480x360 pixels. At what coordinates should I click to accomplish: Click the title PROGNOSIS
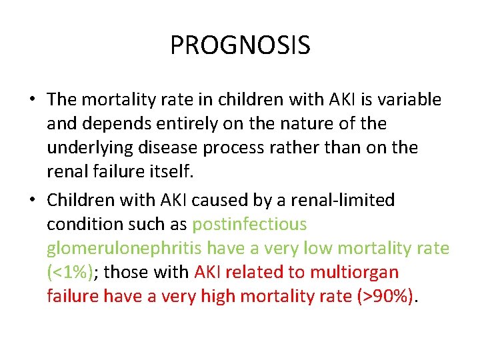coord(240,45)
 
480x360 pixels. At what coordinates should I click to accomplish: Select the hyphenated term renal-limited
coord(345,199)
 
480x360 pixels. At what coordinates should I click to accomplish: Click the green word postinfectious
coord(249,224)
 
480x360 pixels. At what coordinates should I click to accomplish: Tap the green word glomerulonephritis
coord(124,249)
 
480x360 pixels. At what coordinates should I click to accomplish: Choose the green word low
coord(318,249)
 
